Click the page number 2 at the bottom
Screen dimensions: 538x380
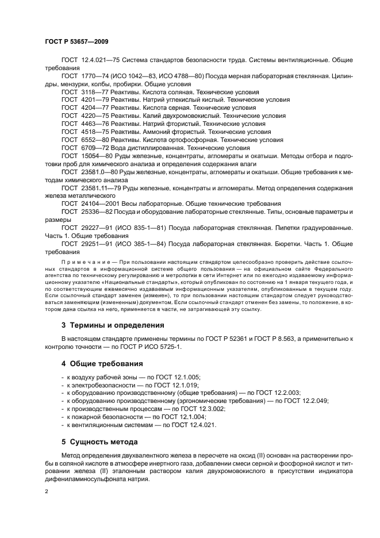coord(47,492)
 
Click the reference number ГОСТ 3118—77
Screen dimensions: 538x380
coord(83,92)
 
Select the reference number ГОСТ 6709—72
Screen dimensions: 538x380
coord(83,148)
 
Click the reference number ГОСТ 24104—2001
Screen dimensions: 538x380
coord(88,203)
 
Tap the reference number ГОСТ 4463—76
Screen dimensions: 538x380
coord(83,124)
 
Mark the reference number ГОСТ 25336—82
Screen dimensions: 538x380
coord(86,212)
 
